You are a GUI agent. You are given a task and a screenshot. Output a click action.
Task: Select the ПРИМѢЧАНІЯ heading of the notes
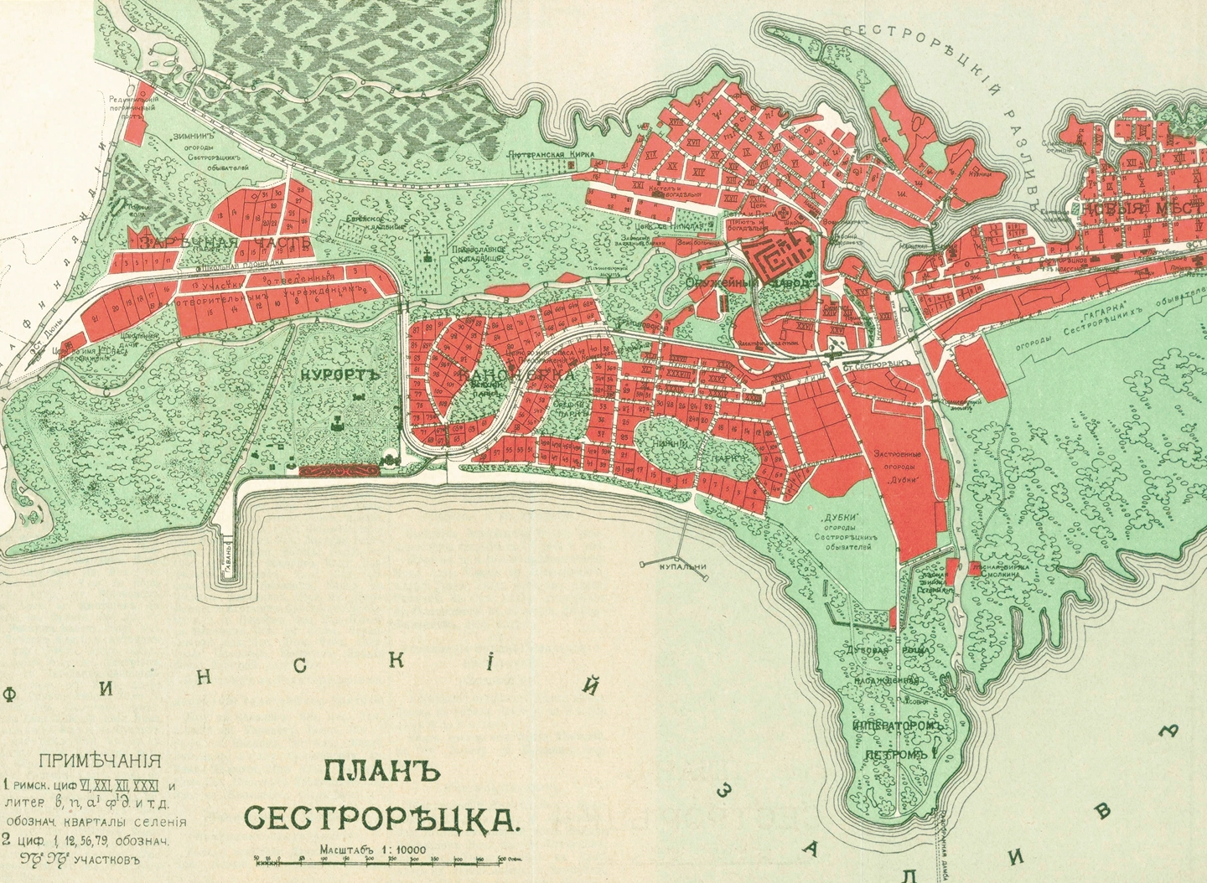coord(100,762)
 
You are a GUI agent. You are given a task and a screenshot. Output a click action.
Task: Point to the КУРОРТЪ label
coord(339,375)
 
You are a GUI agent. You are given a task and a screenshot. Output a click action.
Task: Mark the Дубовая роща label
coord(895,650)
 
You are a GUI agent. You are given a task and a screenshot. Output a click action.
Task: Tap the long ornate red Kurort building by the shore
coord(340,472)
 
